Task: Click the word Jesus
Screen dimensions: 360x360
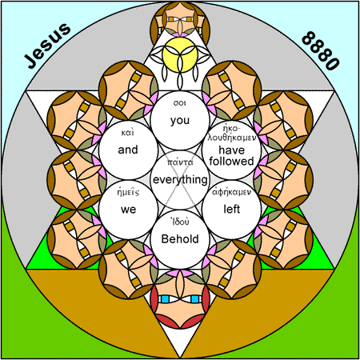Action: click(x=48, y=46)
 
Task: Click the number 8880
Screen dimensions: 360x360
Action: click(x=321, y=50)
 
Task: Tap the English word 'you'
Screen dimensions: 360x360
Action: click(x=180, y=121)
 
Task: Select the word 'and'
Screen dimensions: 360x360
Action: click(x=128, y=150)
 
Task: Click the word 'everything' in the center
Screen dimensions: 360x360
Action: click(x=180, y=179)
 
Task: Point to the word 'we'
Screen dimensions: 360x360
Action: click(x=128, y=210)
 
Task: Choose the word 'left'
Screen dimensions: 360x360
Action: click(x=232, y=209)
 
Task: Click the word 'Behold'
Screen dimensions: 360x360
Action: click(x=180, y=239)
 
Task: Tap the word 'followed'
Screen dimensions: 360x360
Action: click(x=231, y=162)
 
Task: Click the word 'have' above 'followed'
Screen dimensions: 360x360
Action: click(x=231, y=150)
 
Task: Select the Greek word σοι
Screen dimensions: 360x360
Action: click(x=180, y=103)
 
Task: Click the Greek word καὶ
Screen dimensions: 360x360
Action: click(x=128, y=133)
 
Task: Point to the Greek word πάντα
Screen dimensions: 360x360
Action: click(x=180, y=162)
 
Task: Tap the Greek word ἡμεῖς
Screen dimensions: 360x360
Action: click(x=128, y=192)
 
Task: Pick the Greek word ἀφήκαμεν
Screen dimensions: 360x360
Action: click(x=231, y=192)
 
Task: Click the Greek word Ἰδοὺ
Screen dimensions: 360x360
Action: click(x=180, y=222)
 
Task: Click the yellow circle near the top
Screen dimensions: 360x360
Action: click(x=180, y=54)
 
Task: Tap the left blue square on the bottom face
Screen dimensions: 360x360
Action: click(x=165, y=299)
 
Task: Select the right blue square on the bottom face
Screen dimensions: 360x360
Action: click(x=195, y=299)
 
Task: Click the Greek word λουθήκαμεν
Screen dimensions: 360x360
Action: click(x=232, y=138)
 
